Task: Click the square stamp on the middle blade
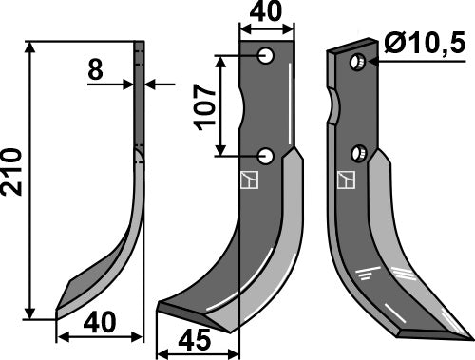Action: (250, 179)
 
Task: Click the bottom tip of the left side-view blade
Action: (59, 312)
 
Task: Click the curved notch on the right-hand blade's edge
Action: (334, 106)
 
